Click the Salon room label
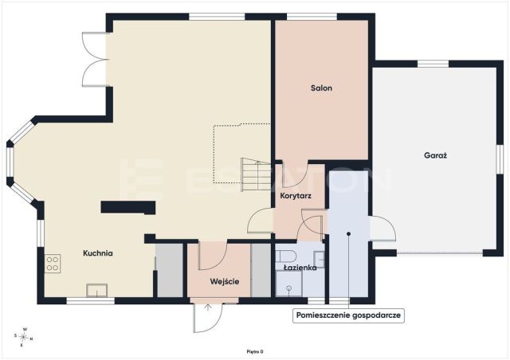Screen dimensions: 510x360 [x=321, y=88]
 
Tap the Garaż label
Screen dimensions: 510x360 [x=435, y=155]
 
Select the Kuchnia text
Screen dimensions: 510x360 [x=98, y=253]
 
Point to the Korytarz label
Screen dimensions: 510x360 [x=296, y=196]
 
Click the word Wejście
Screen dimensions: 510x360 [x=225, y=281]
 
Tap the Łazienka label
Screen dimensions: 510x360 [x=300, y=268]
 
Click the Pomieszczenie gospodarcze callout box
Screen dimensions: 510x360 [x=348, y=315]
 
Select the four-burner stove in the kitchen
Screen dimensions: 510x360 [x=53, y=264]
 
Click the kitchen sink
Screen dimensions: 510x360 [x=96, y=290]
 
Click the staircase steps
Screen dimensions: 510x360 [x=256, y=174]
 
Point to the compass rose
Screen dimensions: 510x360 [x=23, y=337]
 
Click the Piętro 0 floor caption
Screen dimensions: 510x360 [x=255, y=351]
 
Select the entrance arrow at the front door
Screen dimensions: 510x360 [x=207, y=307]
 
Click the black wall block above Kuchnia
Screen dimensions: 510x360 [x=127, y=207]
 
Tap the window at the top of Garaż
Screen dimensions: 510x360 [x=433, y=64]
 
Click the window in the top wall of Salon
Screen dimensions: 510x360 [x=312, y=17]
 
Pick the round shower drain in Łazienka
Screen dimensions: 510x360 [x=288, y=288]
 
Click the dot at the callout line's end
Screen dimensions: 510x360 [x=348, y=234]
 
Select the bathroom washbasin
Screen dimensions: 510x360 [x=319, y=260]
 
